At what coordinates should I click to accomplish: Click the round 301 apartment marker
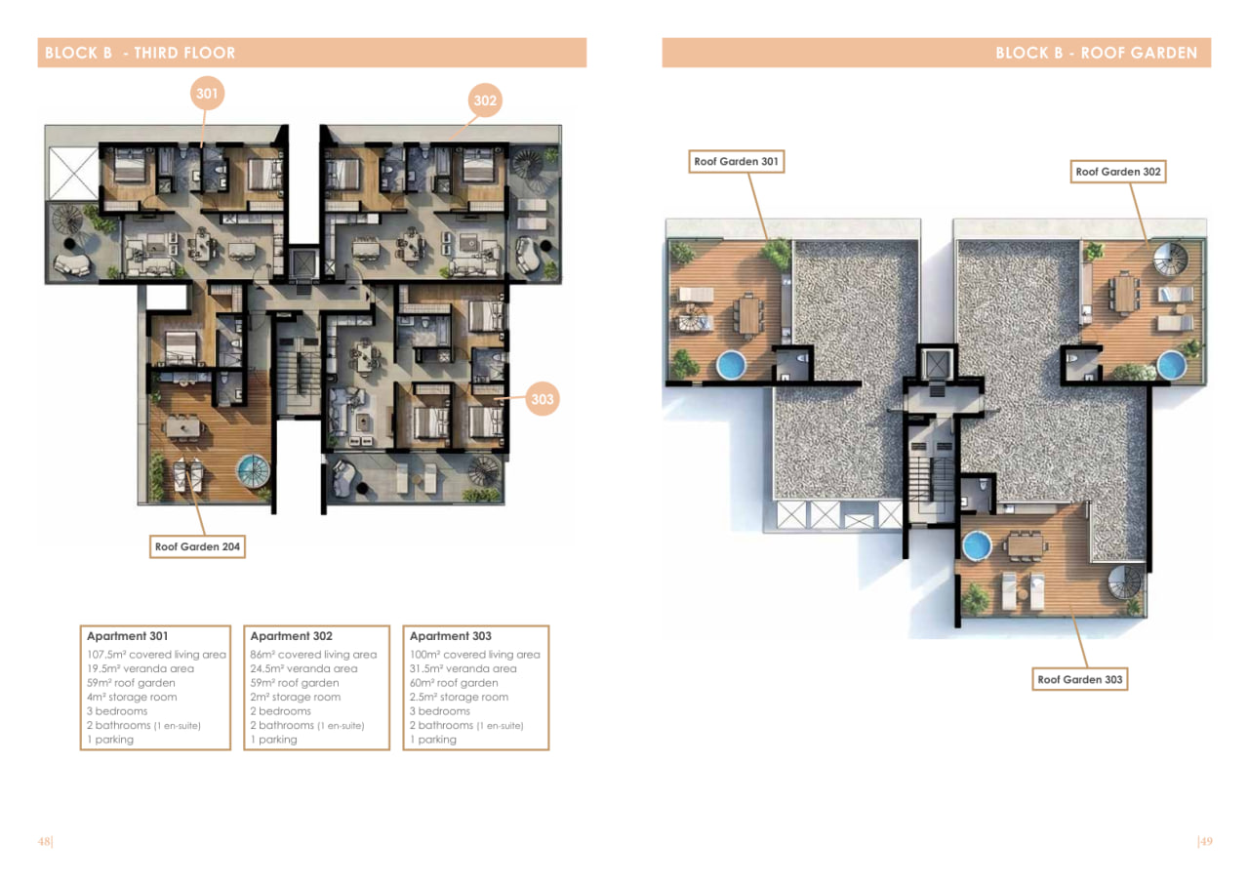(x=208, y=93)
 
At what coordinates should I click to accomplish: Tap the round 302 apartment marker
(x=485, y=100)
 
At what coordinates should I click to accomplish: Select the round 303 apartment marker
(x=542, y=399)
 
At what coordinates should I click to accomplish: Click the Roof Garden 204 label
(x=197, y=546)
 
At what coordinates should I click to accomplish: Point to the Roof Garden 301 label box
(x=736, y=162)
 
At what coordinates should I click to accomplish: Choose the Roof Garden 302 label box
(x=1118, y=172)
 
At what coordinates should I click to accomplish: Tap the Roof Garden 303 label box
(x=1079, y=679)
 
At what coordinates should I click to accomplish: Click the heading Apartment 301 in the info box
(x=127, y=636)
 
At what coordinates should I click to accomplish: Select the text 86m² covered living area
(x=313, y=655)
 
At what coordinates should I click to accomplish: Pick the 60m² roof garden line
(x=454, y=683)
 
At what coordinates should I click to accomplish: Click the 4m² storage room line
(x=132, y=697)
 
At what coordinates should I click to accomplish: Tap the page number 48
(x=45, y=841)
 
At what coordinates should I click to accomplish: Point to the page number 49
(x=1205, y=841)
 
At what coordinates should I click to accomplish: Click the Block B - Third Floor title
(x=140, y=53)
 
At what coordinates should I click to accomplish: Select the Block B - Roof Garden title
(x=1096, y=53)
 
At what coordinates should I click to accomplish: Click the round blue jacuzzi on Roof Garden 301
(x=732, y=365)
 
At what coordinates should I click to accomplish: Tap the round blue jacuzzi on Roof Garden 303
(x=977, y=545)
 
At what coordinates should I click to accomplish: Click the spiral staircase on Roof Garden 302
(x=1170, y=259)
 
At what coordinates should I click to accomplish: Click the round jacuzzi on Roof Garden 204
(x=254, y=470)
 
